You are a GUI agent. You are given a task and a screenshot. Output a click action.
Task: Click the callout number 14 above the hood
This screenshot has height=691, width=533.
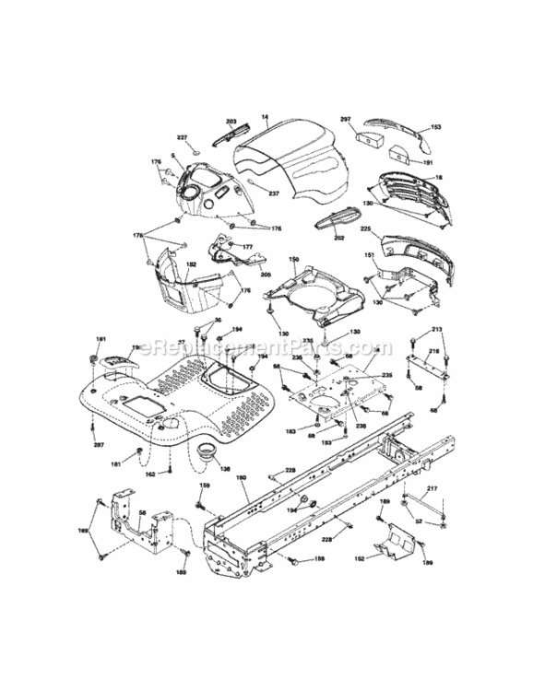(265, 117)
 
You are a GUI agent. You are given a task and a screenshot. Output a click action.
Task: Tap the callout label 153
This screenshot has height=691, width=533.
(436, 128)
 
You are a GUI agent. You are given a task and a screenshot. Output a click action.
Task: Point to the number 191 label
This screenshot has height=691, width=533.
(427, 161)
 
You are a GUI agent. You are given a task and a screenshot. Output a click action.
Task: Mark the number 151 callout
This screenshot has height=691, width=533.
(368, 255)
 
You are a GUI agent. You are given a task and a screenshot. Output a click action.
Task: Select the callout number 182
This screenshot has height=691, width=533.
(191, 264)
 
